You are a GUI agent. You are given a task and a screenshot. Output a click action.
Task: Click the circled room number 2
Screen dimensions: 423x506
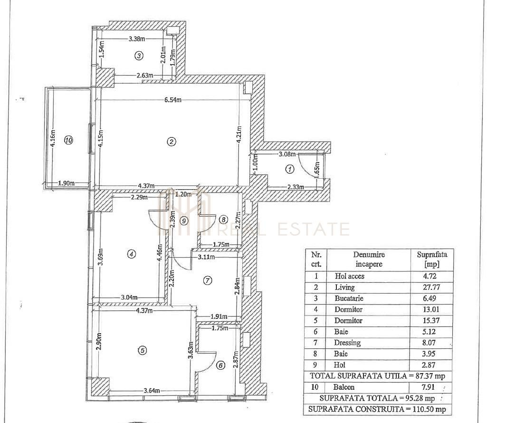[172, 141]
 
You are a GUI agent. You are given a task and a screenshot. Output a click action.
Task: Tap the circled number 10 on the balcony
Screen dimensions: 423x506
[68, 140]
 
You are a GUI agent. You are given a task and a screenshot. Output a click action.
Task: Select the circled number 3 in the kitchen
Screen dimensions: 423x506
[139, 56]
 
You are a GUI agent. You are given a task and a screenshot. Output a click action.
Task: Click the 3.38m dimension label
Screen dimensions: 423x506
[137, 39]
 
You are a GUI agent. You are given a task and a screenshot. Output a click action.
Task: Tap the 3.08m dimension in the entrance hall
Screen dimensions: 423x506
[287, 154]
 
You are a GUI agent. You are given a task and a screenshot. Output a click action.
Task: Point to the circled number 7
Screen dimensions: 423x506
[207, 280]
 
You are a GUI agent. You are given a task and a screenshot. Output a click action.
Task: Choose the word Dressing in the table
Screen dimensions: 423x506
[347, 343]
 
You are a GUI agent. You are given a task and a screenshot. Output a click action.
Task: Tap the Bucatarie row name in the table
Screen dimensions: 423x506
[351, 298]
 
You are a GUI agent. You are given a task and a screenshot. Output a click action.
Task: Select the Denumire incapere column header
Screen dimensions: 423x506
[369, 260]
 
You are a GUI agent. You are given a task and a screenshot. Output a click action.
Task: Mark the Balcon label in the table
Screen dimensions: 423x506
[344, 387]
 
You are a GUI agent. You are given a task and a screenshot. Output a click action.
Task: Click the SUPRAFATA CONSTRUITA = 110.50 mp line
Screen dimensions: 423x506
[377, 409]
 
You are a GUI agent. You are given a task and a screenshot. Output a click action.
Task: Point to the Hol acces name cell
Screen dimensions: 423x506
[350, 276]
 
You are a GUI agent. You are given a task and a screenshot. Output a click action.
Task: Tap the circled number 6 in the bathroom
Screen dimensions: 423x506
[220, 365]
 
